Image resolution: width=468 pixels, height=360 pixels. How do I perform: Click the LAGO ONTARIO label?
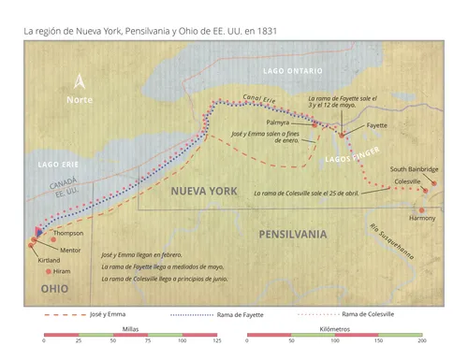[x=292, y=71]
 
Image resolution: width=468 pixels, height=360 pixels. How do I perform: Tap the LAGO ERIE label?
[x=58, y=165]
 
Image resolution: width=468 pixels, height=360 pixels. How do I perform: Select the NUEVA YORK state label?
[x=203, y=191]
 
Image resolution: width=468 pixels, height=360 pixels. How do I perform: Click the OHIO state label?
[x=54, y=290]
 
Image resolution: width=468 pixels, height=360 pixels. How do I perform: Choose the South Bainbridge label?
[x=415, y=168]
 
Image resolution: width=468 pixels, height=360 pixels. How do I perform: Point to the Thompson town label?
[x=69, y=233]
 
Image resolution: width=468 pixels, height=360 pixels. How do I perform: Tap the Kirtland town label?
[x=49, y=260]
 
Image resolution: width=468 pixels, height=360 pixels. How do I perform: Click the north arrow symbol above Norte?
[x=80, y=81]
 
